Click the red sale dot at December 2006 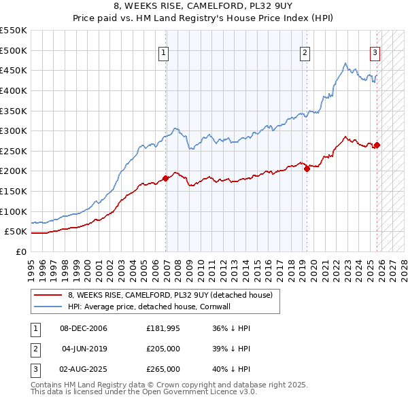[165, 179]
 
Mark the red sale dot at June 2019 [307, 169]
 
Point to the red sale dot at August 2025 [377, 145]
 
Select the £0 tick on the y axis [20, 252]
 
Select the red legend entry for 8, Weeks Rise [170, 295]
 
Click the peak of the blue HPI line [345, 64]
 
